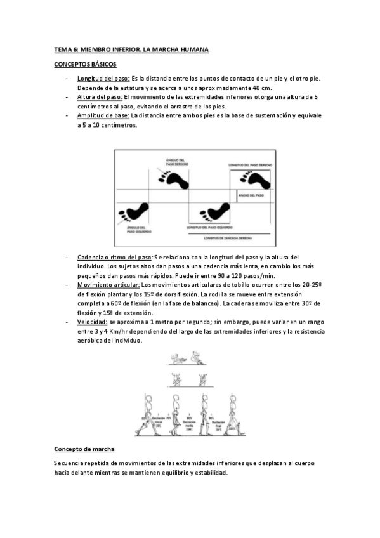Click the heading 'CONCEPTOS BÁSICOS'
(x=85, y=64)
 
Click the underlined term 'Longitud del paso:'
(x=103, y=78)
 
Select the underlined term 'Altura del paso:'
(x=100, y=97)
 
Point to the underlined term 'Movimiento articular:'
(x=108, y=285)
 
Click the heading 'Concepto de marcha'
(x=84, y=449)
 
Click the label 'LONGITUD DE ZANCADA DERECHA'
(x=228, y=239)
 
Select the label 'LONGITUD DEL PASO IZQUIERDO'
(x=210, y=226)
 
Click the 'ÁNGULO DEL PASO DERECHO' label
(x=175, y=162)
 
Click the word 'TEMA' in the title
(x=61, y=49)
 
